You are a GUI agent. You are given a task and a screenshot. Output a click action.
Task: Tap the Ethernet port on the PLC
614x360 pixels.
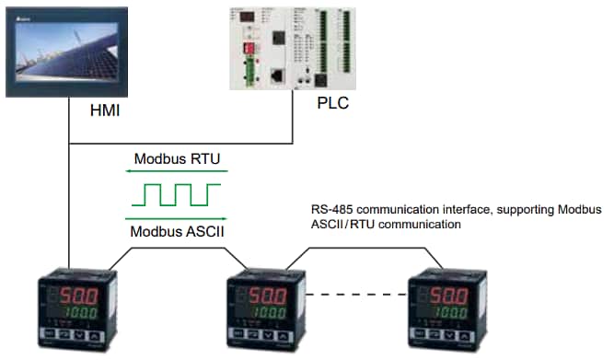[277, 76]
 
